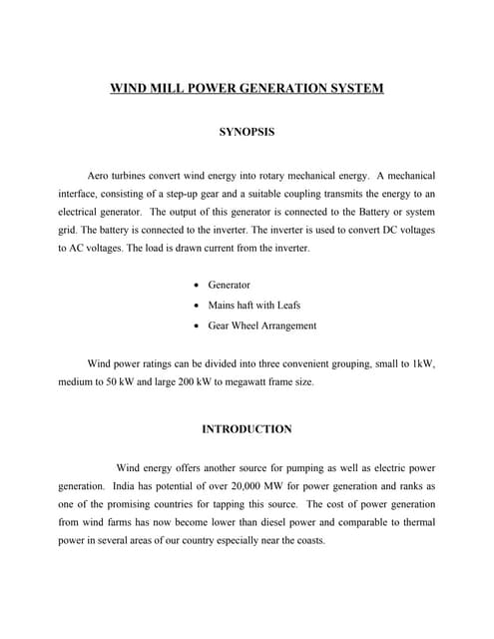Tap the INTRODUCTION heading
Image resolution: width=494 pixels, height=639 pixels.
click(247, 429)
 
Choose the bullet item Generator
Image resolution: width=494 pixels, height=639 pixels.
click(229, 285)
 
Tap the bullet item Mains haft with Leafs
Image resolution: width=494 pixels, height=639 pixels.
click(254, 305)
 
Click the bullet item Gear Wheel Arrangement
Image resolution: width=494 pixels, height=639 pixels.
click(261, 324)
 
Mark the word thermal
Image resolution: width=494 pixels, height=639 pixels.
click(416, 522)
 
